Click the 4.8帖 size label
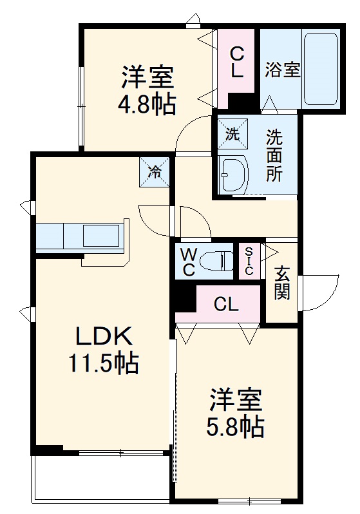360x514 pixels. click(x=147, y=105)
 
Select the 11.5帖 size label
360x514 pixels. click(x=104, y=364)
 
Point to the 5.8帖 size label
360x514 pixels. click(x=235, y=426)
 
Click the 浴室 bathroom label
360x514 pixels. click(x=281, y=69)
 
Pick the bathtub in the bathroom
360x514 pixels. click(x=320, y=68)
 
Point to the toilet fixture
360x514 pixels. click(x=216, y=262)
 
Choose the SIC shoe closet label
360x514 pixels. click(x=249, y=262)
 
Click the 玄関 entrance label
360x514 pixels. click(x=281, y=283)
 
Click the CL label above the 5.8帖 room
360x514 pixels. click(x=226, y=304)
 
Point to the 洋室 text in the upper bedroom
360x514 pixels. click(x=147, y=79)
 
